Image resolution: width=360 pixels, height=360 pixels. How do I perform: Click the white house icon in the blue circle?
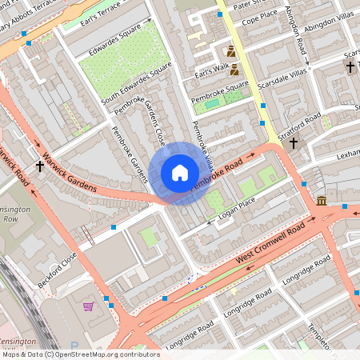coord(179,173)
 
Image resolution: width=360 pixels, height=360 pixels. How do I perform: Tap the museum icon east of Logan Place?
coord(322,200)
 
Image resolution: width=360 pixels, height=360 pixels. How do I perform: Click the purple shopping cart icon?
coord(88,305)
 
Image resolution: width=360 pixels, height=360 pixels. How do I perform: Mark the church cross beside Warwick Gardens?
coord(40,166)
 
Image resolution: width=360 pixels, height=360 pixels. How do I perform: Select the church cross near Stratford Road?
coord(294,143)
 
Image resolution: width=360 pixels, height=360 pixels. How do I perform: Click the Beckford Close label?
coord(57,270)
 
